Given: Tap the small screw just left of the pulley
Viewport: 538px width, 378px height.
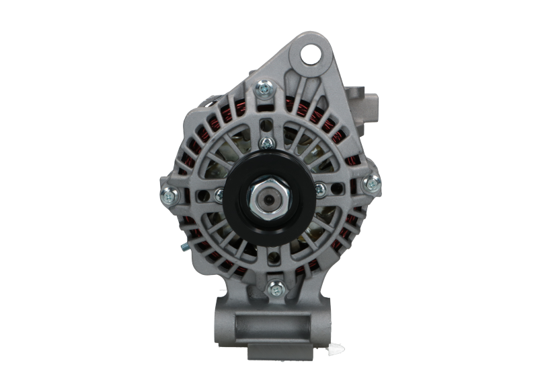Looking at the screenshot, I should [218, 196].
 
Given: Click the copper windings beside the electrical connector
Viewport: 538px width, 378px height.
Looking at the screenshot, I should [340, 128].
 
